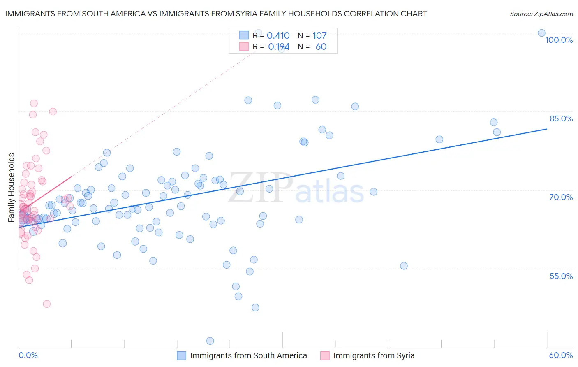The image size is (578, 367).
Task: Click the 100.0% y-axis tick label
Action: click(559, 40)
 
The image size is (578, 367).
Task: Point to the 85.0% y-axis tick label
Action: click(561, 118)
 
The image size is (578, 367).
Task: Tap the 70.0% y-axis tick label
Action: click(561, 197)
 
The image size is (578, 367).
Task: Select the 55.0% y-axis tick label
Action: click(561, 276)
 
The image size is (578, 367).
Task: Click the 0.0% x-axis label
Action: click(28, 355)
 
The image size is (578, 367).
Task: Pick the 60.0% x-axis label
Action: click(561, 355)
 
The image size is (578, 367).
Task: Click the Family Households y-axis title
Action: click(12, 188)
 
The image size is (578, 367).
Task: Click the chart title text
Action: click(216, 14)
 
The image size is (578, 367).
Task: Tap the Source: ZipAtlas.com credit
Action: click(541, 14)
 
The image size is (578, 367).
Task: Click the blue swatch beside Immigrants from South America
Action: click(182, 355)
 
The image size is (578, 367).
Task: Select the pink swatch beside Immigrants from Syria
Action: click(325, 355)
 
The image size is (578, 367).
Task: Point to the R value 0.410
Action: click(278, 35)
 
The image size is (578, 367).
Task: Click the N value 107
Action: click(319, 35)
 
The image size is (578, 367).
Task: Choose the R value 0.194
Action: click(279, 47)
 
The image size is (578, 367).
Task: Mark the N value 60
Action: click(321, 47)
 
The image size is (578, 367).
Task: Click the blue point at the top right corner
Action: click(541, 33)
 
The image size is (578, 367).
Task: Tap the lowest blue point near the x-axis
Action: click(210, 341)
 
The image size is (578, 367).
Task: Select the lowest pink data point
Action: click(46, 304)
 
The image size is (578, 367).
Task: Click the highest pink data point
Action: click(34, 103)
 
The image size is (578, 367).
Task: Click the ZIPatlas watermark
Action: click(296, 188)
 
